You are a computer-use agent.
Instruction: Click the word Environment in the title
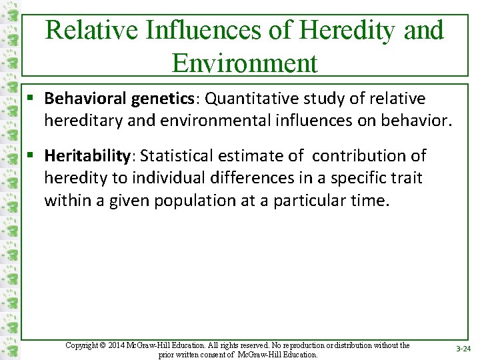(245, 63)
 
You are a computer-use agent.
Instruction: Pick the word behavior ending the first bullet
(417, 121)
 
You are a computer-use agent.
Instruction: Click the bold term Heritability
(87, 156)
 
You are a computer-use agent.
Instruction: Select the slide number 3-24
(463, 349)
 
